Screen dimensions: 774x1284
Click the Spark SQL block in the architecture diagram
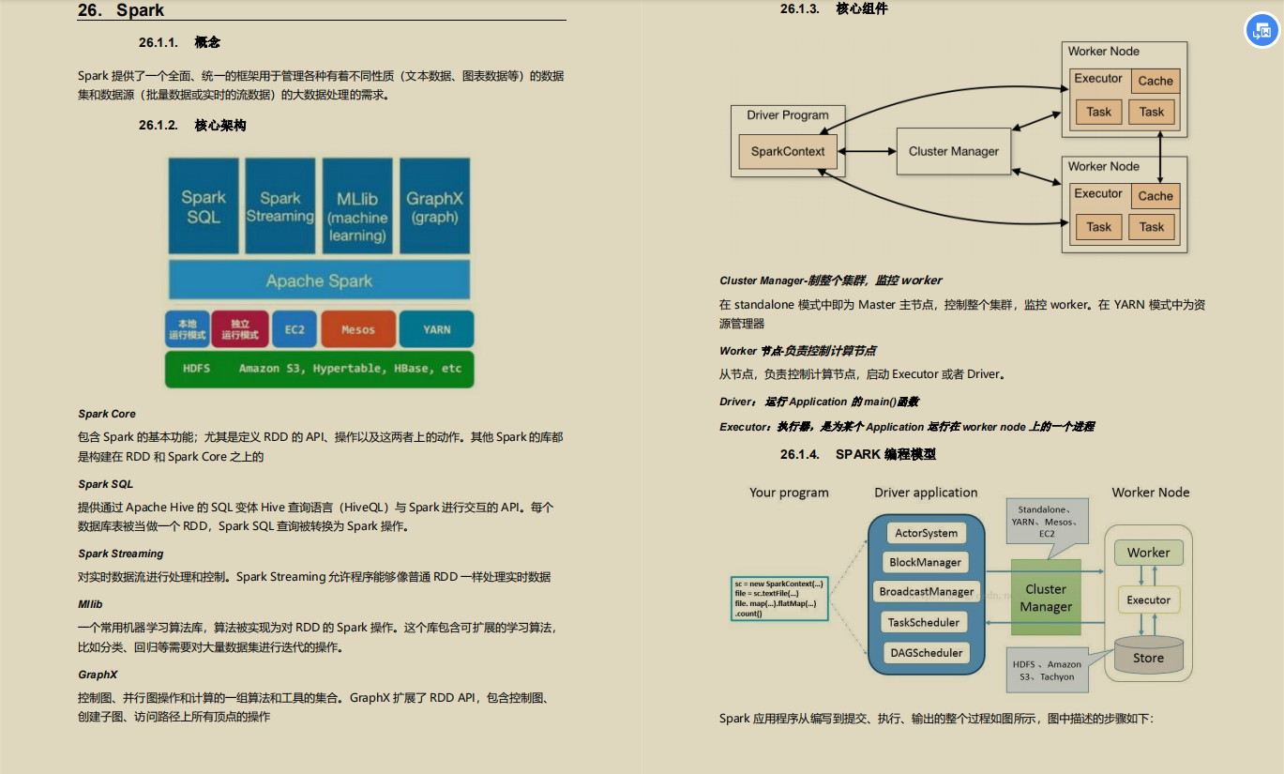pos(204,206)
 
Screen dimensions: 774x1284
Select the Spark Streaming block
pos(279,206)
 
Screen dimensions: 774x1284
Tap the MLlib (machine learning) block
pos(357,206)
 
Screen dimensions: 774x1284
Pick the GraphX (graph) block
pos(434,206)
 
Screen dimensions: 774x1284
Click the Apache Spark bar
pos(319,281)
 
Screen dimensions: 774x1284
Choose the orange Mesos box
pos(358,329)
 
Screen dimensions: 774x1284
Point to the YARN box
pos(436,329)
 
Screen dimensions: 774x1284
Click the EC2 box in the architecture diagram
pos(295,329)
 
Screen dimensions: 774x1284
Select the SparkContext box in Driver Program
pos(788,151)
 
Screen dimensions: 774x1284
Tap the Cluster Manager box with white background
pos(954,151)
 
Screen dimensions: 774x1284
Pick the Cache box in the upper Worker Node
pos(1156,81)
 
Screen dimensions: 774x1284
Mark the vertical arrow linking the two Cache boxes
pos(1161,156)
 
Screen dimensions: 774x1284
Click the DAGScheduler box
pos(927,653)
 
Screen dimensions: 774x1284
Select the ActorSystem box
pos(927,533)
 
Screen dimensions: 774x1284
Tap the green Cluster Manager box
pos(1046,598)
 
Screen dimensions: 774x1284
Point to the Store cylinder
pos(1148,657)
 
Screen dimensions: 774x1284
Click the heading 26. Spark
pos(121,11)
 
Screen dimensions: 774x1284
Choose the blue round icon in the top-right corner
pos(1261,31)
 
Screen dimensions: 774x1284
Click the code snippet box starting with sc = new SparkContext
pos(778,599)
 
